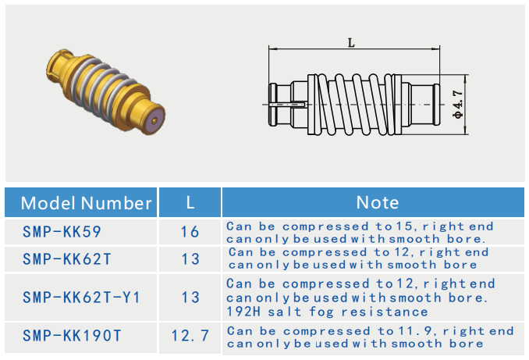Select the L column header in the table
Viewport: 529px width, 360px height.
[190, 203]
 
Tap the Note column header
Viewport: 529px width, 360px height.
[377, 203]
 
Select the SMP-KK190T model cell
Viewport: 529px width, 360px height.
[72, 336]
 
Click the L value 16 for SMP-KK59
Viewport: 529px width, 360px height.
[190, 232]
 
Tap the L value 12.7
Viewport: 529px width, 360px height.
[190, 336]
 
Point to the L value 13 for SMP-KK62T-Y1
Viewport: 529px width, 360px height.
[190, 297]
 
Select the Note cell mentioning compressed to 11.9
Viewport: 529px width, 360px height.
[369, 337]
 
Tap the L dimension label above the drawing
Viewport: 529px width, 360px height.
[351, 44]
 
